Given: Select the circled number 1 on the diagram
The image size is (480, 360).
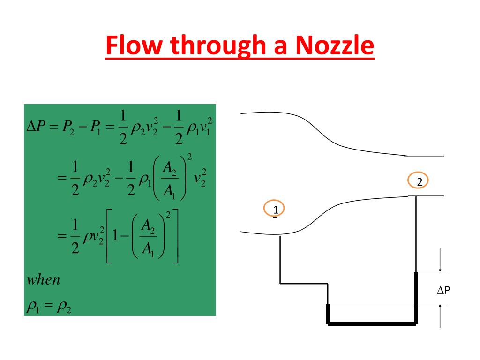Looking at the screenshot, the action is [x=276, y=208].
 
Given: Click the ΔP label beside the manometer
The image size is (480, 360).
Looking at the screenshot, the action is [x=443, y=291].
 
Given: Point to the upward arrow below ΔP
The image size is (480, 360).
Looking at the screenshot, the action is [x=440, y=315].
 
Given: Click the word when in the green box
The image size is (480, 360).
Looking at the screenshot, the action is [x=44, y=280].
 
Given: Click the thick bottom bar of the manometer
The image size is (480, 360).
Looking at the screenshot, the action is [x=372, y=322].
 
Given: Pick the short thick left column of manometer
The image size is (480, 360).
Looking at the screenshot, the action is [x=328, y=313].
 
